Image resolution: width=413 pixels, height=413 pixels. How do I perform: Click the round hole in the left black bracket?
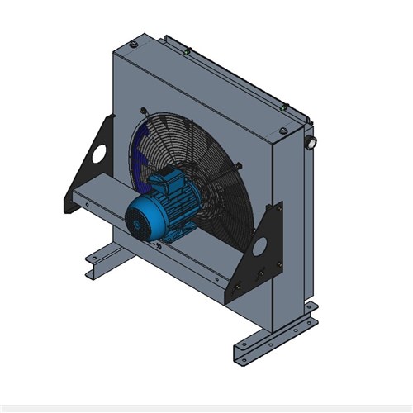click(x=100, y=154)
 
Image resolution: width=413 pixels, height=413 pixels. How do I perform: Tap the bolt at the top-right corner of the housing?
click(x=286, y=107)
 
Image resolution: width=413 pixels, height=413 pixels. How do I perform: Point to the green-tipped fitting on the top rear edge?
click(x=189, y=51)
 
